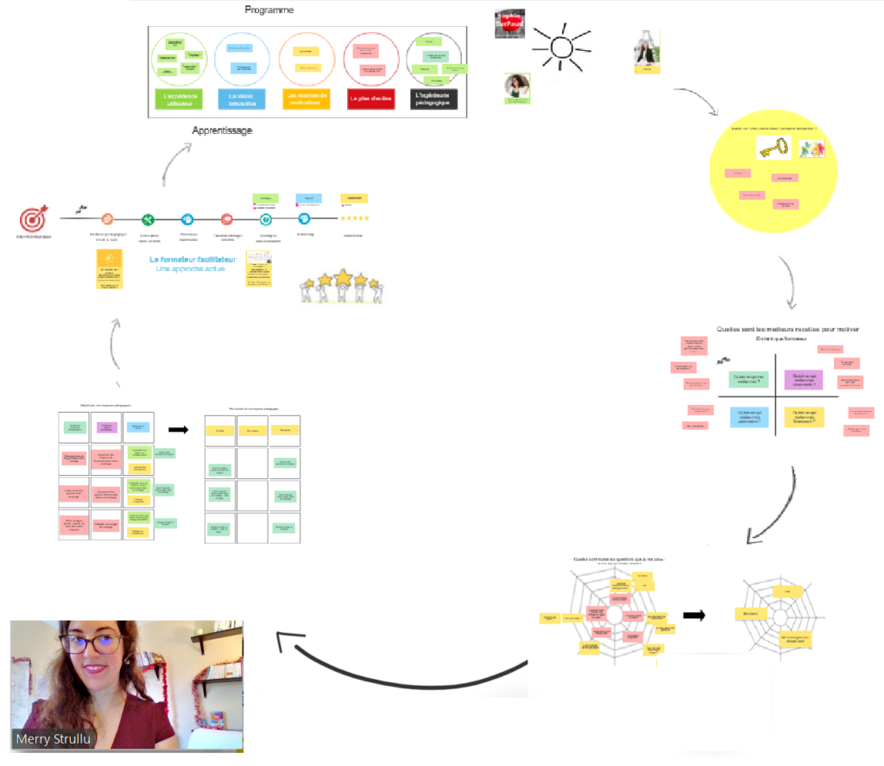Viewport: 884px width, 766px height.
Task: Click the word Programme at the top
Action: [x=270, y=10]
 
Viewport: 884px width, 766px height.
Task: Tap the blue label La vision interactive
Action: [x=243, y=98]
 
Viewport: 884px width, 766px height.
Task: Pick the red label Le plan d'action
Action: [x=370, y=99]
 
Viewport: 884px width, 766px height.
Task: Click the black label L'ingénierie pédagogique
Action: [x=433, y=98]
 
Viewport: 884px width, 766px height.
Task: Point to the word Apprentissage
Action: [x=222, y=130]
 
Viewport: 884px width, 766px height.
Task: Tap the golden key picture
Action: [x=774, y=149]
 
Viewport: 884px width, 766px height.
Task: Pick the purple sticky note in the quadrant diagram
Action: [x=804, y=379]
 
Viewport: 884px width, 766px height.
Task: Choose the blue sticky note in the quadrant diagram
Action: [x=748, y=417]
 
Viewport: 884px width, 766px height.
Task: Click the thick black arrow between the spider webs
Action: [x=694, y=616]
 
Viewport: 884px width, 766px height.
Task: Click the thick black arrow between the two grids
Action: [x=178, y=428]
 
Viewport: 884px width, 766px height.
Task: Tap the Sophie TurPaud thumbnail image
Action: [x=509, y=23]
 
